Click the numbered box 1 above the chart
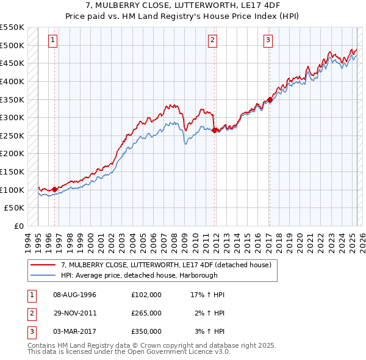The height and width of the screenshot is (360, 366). tap(53, 41)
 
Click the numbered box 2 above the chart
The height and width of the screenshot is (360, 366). tap(212, 41)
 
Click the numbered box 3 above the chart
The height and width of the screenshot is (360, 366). tap(268, 41)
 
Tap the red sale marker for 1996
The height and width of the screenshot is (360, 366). tap(55, 189)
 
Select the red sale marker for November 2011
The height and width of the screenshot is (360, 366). tap(215, 130)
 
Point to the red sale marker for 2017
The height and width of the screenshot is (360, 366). tap(270, 99)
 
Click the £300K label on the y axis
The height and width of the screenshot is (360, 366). tap(12, 117)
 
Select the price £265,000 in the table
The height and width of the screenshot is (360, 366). tap(146, 313)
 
